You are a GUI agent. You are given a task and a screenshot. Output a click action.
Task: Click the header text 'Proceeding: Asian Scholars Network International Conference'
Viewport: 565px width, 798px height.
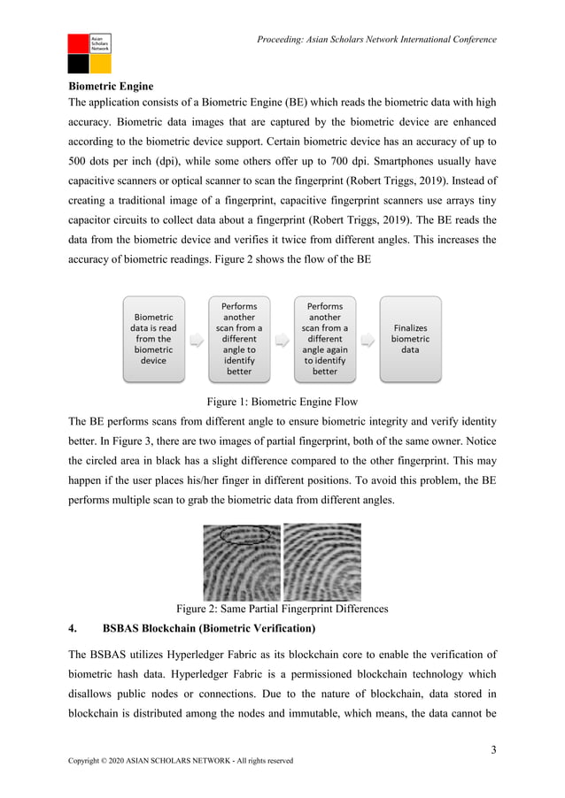(x=376, y=39)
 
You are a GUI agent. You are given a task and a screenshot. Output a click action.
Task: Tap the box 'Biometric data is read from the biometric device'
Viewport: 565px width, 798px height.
(x=153, y=338)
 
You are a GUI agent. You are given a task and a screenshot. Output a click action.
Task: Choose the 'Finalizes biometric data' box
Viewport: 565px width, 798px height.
(x=410, y=339)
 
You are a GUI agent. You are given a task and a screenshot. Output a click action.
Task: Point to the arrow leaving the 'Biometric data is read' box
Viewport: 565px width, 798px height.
(x=197, y=339)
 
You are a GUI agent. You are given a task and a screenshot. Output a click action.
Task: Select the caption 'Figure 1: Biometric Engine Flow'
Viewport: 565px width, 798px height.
(x=282, y=401)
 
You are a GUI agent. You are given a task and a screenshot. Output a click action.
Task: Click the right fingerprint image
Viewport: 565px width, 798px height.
(x=321, y=563)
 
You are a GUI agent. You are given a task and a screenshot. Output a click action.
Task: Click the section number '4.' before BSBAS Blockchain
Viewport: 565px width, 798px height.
(x=74, y=629)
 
